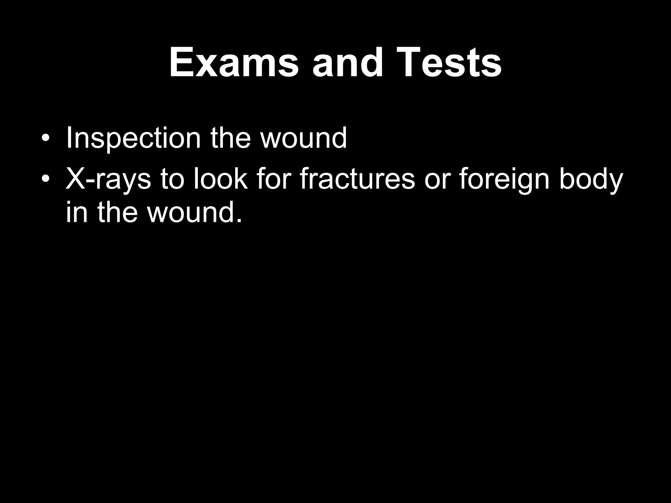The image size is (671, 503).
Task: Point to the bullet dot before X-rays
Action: pyautogui.click(x=46, y=179)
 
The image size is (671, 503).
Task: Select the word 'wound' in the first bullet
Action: pyautogui.click(x=303, y=138)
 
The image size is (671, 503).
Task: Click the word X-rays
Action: pyautogui.click(x=108, y=179)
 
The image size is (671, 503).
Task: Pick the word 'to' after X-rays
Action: pyautogui.click(x=172, y=179)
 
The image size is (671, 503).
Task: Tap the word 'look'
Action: pyautogui.click(x=220, y=179)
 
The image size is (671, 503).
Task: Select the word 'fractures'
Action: pyautogui.click(x=357, y=179)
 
